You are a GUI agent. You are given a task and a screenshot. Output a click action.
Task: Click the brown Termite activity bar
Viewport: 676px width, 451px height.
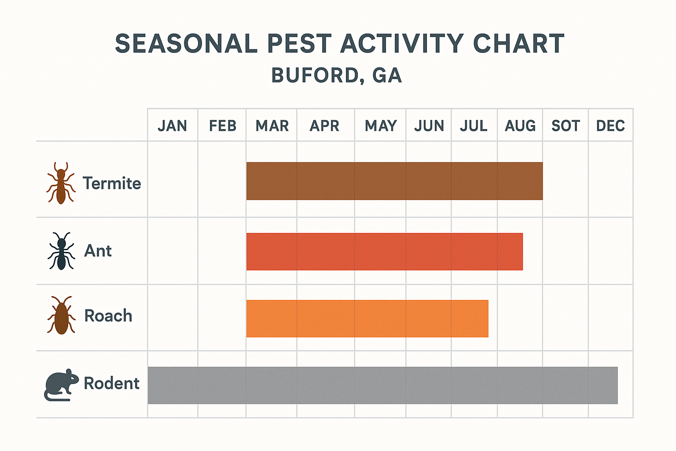(x=394, y=181)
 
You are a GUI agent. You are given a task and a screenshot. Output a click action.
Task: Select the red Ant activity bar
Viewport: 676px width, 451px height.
(x=384, y=251)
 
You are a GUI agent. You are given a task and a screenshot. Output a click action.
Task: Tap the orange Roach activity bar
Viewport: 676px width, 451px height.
(x=367, y=318)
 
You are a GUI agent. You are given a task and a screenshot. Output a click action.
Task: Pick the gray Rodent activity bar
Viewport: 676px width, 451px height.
(x=382, y=385)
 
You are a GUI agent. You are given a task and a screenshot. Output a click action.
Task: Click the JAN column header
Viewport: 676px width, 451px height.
(x=172, y=126)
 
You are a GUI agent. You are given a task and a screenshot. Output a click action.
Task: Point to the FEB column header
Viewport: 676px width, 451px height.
(x=222, y=126)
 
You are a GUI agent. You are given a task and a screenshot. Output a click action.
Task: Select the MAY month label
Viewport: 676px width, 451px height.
(x=381, y=126)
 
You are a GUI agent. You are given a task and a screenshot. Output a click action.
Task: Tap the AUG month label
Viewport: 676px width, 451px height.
(x=520, y=126)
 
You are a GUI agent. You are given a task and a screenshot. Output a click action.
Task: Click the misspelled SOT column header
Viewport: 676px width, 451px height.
(x=566, y=126)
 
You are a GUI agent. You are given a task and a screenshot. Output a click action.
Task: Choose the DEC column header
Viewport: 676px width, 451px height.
(x=610, y=126)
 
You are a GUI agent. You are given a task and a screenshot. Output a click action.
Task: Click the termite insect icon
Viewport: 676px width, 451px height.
(x=61, y=183)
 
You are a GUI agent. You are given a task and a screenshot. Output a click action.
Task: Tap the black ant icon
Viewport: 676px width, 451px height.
(x=61, y=251)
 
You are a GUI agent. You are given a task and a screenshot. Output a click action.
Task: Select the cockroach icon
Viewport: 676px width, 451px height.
(x=61, y=315)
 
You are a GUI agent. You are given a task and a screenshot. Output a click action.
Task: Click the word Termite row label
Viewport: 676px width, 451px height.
(x=112, y=183)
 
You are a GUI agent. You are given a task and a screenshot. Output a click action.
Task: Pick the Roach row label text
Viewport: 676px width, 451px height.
(x=108, y=316)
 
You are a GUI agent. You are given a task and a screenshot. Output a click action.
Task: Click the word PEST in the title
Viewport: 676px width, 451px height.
(x=299, y=44)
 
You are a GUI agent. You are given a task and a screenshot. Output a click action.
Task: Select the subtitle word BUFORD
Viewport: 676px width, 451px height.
(x=317, y=75)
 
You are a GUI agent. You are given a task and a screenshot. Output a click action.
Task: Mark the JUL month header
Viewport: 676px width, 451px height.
(x=474, y=126)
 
